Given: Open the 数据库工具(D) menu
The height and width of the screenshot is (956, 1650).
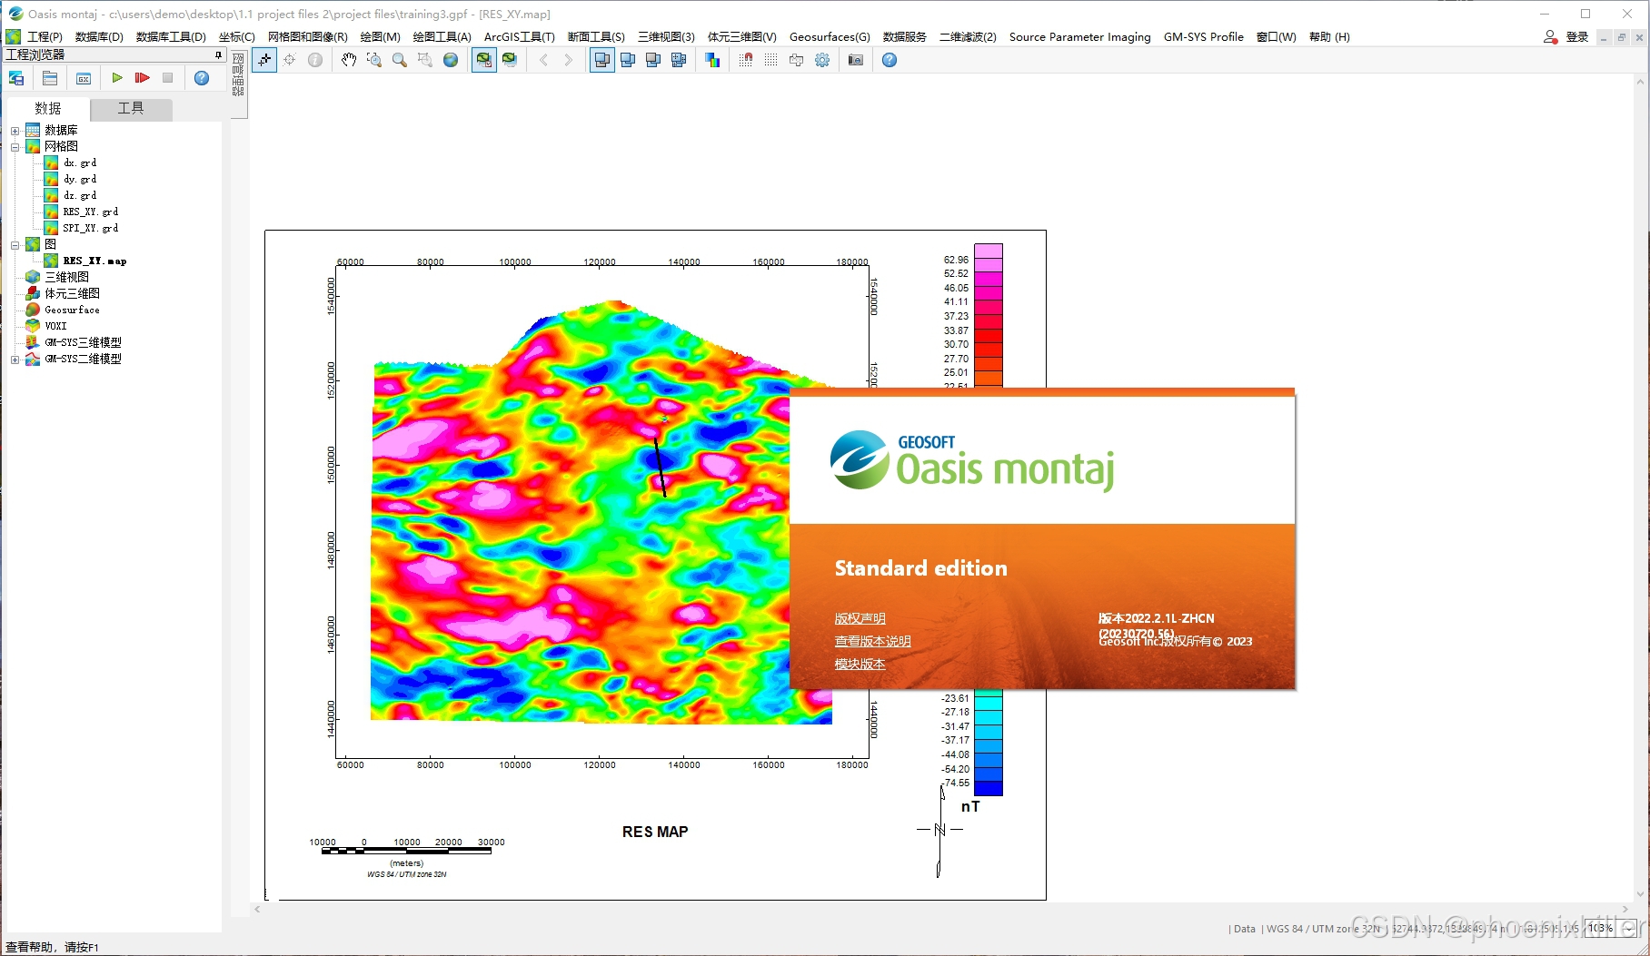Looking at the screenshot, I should pyautogui.click(x=170, y=37).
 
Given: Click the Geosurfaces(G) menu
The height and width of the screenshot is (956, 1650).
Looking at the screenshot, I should pyautogui.click(x=829, y=37).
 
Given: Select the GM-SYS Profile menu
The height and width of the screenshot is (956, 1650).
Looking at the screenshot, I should pyautogui.click(x=1203, y=37).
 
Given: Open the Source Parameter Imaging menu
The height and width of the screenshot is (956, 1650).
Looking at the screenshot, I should pyautogui.click(x=1079, y=37).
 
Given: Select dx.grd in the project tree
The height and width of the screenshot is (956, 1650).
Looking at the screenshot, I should pyautogui.click(x=80, y=163).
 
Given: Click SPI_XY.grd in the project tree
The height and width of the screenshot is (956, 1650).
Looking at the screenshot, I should pyautogui.click(x=90, y=228).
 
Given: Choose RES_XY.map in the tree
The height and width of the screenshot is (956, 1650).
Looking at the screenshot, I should pyautogui.click(x=94, y=261).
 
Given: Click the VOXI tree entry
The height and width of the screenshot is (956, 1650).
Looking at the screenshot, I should pyautogui.click(x=55, y=326).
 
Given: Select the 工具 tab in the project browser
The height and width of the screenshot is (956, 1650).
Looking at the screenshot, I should pyautogui.click(x=131, y=108).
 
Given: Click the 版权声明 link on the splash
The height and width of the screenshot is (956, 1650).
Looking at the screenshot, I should pyautogui.click(x=860, y=618).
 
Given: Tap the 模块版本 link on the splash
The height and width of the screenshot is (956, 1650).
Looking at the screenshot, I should pyautogui.click(x=860, y=664).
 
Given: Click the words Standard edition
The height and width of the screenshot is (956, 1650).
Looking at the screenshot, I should pyautogui.click(x=920, y=568).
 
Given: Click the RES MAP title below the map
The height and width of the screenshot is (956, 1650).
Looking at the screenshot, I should pyautogui.click(x=655, y=832).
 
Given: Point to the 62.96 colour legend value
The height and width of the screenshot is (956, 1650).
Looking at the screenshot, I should pyautogui.click(x=956, y=260).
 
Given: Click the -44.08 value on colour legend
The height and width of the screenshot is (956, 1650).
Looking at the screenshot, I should pyautogui.click(x=955, y=754).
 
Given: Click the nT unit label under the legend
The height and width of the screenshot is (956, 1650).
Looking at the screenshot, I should pyautogui.click(x=970, y=806).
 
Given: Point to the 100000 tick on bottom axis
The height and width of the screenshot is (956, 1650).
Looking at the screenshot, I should pyautogui.click(x=515, y=765).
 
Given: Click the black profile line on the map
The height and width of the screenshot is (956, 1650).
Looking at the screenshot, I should pyautogui.click(x=661, y=468).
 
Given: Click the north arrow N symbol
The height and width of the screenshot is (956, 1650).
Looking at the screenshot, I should pyautogui.click(x=939, y=829).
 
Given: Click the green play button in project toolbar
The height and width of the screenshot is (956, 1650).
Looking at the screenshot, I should pyautogui.click(x=117, y=78).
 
